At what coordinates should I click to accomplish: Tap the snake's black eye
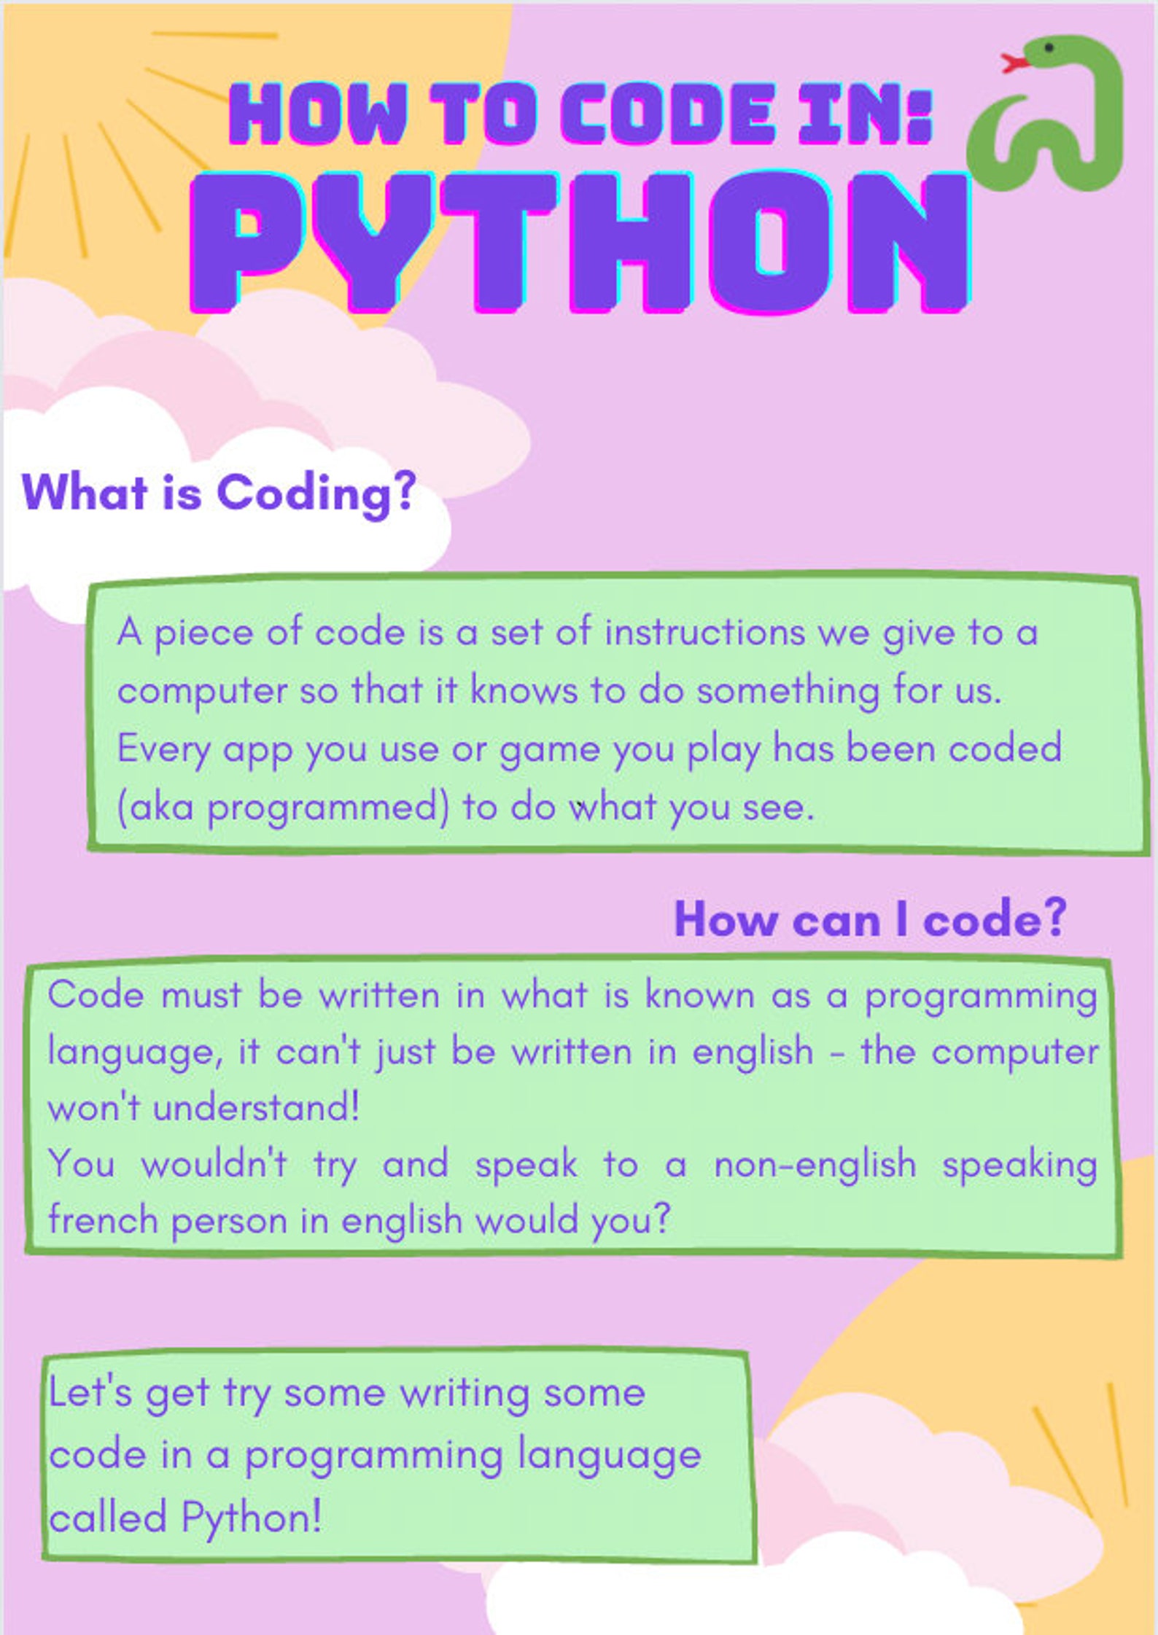[x=1049, y=48]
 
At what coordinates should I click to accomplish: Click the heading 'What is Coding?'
[x=219, y=493]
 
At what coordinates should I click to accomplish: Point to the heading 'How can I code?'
[x=870, y=919]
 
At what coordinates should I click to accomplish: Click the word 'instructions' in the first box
[x=704, y=632]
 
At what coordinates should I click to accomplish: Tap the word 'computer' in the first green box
[x=202, y=691]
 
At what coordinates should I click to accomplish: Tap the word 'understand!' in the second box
[x=256, y=1108]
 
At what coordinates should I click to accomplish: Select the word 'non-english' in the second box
[x=815, y=1163]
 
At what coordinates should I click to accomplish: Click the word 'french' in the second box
[x=103, y=1220]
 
